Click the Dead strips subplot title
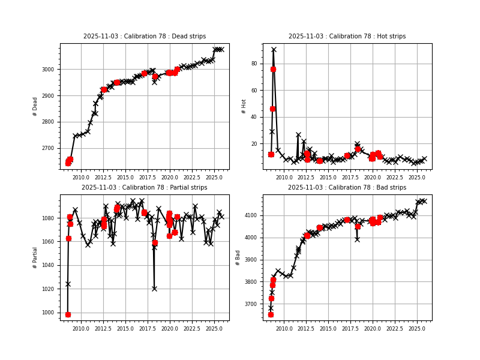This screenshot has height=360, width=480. click(144, 37)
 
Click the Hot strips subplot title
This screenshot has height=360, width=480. click(347, 37)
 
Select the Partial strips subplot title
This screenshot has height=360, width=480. click(144, 188)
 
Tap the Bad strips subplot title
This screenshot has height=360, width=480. click(347, 188)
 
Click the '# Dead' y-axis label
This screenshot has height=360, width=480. click(35, 106)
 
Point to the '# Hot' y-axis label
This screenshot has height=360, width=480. click(244, 106)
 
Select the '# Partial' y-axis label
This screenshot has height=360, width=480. click(35, 257)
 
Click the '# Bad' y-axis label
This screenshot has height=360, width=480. click(238, 257)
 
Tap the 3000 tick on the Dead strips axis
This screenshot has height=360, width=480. click(49, 70)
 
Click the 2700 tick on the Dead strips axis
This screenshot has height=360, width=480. click(49, 148)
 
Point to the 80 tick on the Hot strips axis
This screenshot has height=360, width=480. click(254, 64)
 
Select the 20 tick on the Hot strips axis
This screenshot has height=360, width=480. click(254, 144)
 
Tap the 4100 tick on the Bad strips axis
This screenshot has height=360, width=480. click(251, 215)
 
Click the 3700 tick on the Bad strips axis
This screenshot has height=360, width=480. click(251, 304)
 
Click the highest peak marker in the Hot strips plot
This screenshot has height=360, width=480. click(274, 50)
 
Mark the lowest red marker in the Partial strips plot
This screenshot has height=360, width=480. click(68, 314)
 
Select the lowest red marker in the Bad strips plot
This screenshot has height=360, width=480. click(271, 314)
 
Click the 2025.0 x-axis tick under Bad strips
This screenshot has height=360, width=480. click(417, 329)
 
